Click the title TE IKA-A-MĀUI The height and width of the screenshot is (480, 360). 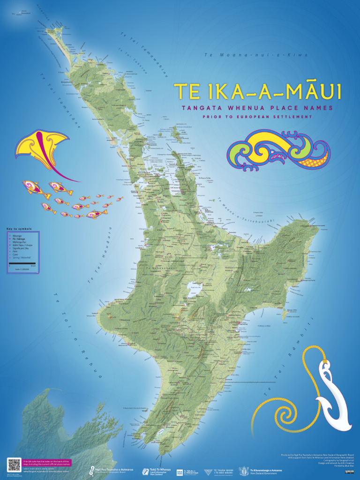tap(257, 92)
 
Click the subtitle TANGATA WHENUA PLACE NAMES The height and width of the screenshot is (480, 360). tap(257, 108)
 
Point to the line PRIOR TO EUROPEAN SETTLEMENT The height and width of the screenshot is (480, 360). tap(257, 116)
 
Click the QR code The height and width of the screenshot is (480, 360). tap(14, 465)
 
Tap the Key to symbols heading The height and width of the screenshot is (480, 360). tap(19, 229)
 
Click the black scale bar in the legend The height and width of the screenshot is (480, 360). tap(22, 263)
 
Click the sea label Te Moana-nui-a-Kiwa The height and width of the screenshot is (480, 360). tap(256, 55)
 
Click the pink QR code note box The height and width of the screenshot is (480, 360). tap(46, 463)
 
